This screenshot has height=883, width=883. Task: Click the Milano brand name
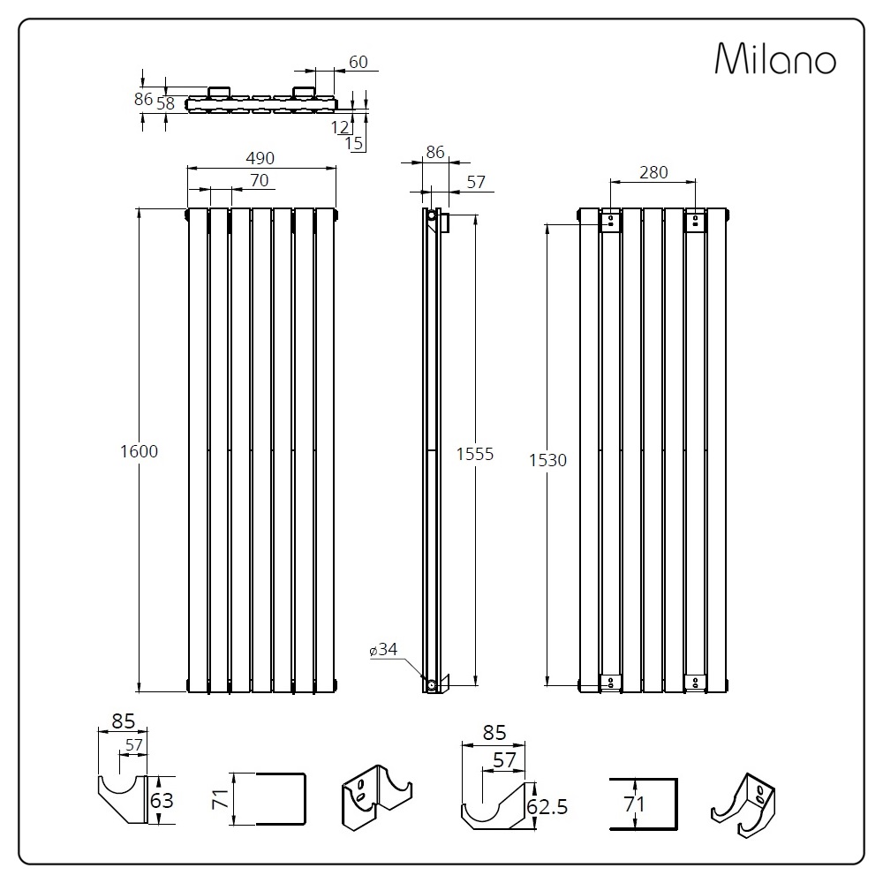click(x=775, y=58)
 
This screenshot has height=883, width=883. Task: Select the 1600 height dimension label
click(x=140, y=451)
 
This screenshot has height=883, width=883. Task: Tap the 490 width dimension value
click(x=260, y=158)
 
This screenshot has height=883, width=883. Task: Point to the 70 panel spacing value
click(x=260, y=180)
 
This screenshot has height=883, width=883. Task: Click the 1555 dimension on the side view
click(x=475, y=454)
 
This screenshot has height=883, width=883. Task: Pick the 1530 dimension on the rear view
click(x=548, y=460)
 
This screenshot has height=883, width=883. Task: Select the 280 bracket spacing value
click(x=653, y=172)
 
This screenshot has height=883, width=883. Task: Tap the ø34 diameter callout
click(x=383, y=649)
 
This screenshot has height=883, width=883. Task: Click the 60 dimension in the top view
click(x=358, y=62)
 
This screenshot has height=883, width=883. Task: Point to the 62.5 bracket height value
click(x=547, y=807)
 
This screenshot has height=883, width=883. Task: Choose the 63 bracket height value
click(x=162, y=800)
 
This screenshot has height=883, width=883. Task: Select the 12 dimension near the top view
click(x=340, y=127)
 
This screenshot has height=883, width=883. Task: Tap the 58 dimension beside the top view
click(x=166, y=103)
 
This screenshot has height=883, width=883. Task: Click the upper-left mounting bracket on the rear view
click(x=610, y=221)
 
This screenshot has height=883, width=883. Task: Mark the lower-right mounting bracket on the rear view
click(x=695, y=682)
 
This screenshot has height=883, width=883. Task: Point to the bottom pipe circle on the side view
click(x=432, y=685)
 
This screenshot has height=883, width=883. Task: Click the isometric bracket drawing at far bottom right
click(x=743, y=805)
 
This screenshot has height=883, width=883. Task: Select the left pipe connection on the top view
click(x=219, y=92)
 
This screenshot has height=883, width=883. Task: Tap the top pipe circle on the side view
click(x=432, y=215)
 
